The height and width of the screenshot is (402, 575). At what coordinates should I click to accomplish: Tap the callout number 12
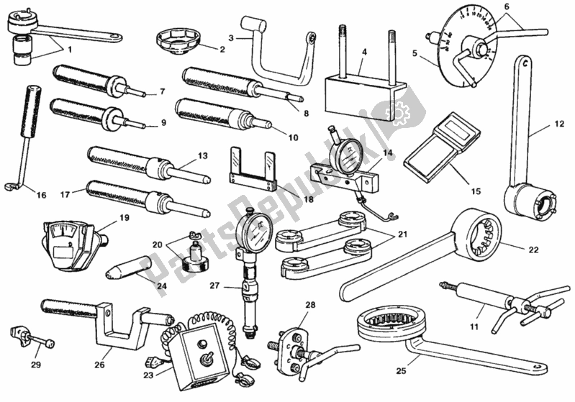[559, 124]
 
